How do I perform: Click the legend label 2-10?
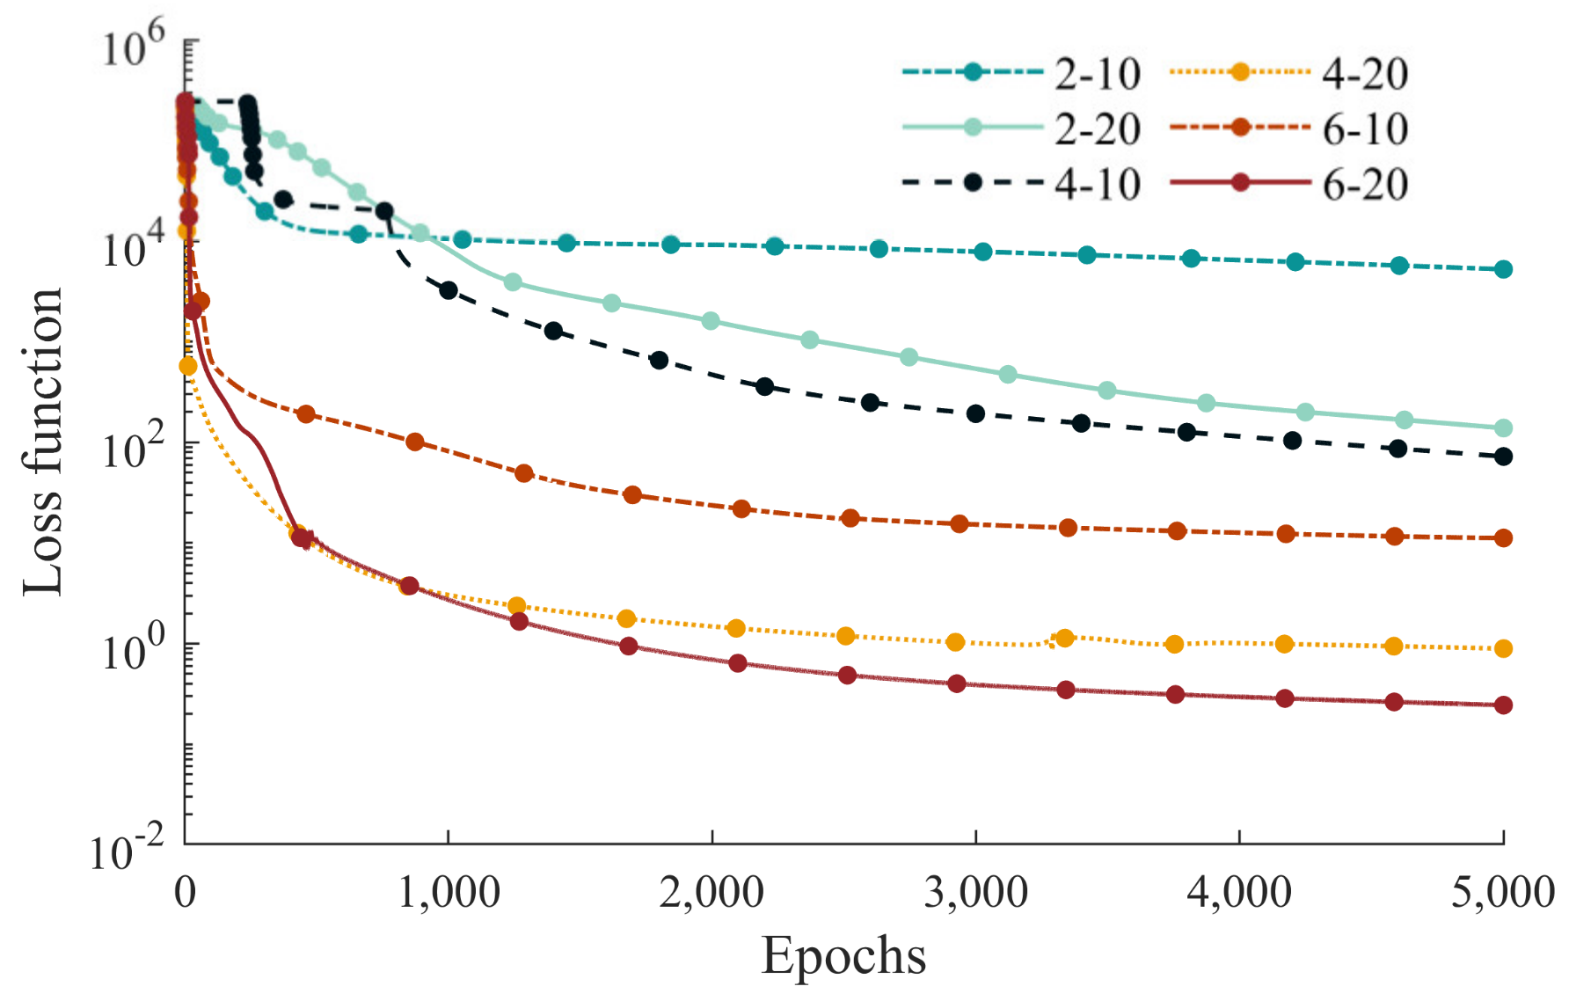tap(1097, 74)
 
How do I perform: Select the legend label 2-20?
tap(1097, 129)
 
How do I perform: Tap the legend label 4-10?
tap(1097, 185)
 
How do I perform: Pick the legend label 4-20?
tap(1364, 74)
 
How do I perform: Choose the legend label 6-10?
tap(1364, 129)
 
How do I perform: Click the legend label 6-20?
tap(1364, 185)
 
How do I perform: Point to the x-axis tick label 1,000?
tap(449, 892)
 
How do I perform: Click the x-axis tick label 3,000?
tap(975, 892)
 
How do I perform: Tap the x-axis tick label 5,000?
tap(1502, 892)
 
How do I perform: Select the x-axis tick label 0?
tap(186, 892)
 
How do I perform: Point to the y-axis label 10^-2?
tap(128, 849)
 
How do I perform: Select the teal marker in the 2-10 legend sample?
tap(973, 72)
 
